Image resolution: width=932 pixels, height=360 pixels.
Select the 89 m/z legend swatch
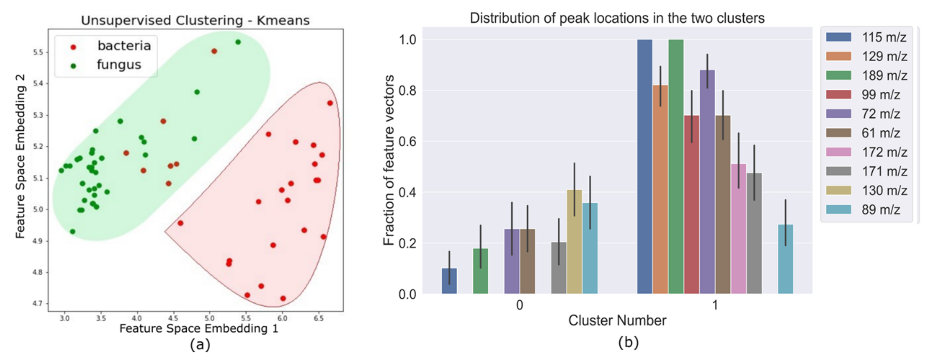point(838,209)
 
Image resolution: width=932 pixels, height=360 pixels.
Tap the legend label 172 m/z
point(884,152)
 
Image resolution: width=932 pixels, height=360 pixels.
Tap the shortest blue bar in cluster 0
point(449,281)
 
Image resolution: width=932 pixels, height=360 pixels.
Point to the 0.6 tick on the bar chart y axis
point(407,141)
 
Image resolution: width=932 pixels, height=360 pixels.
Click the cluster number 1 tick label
point(714,305)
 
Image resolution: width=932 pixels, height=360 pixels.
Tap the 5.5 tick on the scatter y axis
point(38,52)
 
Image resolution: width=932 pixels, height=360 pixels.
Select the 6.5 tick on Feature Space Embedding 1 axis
point(318,318)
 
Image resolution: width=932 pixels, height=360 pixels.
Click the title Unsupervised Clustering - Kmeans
point(195,20)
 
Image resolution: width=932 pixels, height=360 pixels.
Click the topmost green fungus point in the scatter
point(238,42)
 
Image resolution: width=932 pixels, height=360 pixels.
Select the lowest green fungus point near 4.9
point(72,232)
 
